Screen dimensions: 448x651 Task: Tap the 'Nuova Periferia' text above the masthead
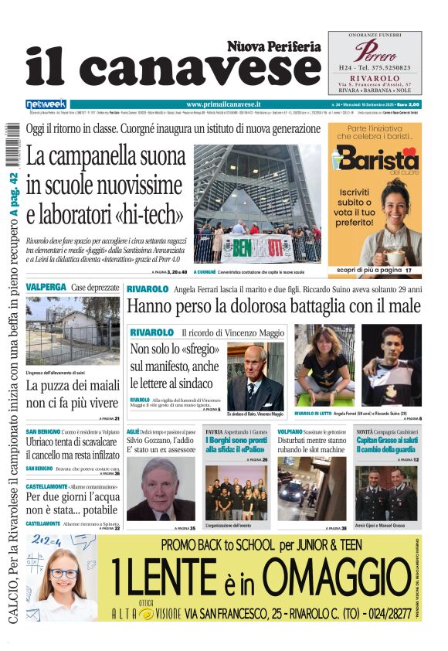(x=273, y=46)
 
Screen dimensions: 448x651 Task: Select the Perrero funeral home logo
(x=375, y=50)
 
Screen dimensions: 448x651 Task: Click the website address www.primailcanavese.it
(x=224, y=104)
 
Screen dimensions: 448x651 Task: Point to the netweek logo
(x=46, y=104)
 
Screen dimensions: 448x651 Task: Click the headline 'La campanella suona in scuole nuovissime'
(x=104, y=185)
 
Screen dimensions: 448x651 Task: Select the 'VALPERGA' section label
(x=46, y=287)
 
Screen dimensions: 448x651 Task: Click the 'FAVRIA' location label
(x=214, y=431)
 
